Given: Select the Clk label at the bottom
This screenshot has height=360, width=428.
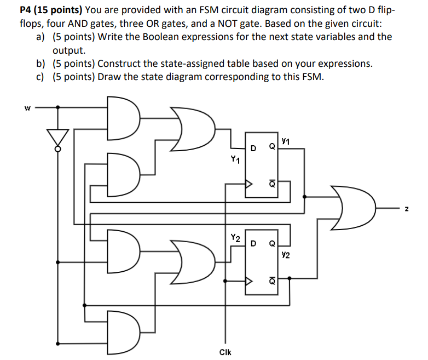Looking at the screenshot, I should click(x=225, y=352).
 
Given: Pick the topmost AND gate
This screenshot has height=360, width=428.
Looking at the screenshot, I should click(x=124, y=118).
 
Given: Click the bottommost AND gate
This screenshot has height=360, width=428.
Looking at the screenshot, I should click(x=123, y=330).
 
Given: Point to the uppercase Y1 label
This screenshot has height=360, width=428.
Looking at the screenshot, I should click(x=235, y=160).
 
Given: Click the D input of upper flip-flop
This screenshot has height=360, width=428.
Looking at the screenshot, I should click(x=253, y=148).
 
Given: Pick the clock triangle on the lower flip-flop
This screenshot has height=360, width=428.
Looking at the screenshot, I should click(x=250, y=282).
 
